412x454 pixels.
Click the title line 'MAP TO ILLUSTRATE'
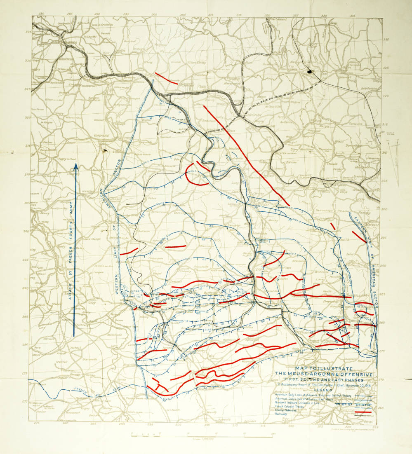pyautogui.click(x=324, y=368)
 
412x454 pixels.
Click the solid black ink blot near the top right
pyautogui.click(x=309, y=73)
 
